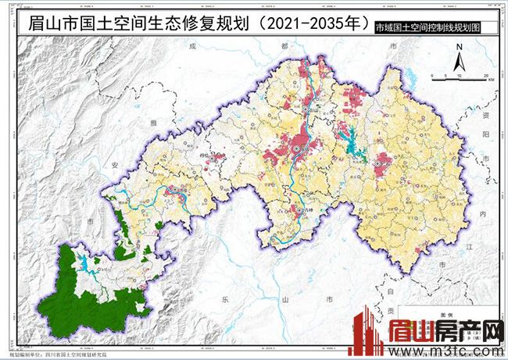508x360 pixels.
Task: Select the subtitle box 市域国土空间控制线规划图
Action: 426,27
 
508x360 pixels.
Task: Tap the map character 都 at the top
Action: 284,46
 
